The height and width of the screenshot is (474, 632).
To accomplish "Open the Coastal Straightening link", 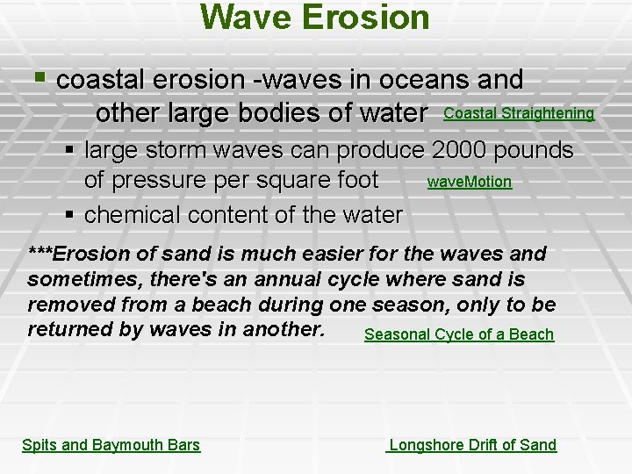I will click(519, 114).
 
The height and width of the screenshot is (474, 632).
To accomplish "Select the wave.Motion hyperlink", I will click(469, 183).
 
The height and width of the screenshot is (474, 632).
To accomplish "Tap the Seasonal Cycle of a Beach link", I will click(459, 334).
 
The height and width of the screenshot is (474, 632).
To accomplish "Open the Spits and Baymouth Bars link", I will click(111, 445).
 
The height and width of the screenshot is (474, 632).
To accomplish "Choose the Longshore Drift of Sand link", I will click(472, 445).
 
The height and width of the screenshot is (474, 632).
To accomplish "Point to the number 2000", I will click(459, 150).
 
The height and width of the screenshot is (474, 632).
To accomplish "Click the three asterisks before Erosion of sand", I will click(39, 255).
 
